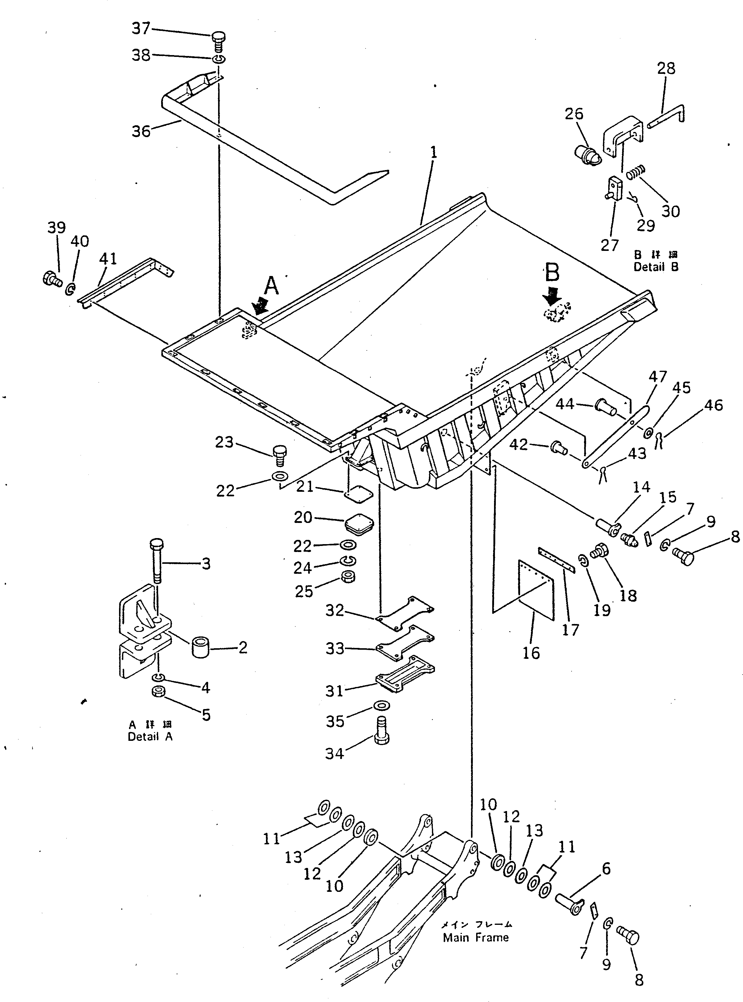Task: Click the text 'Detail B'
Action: [656, 267]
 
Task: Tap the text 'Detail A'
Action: [150, 737]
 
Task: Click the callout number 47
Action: [657, 376]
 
